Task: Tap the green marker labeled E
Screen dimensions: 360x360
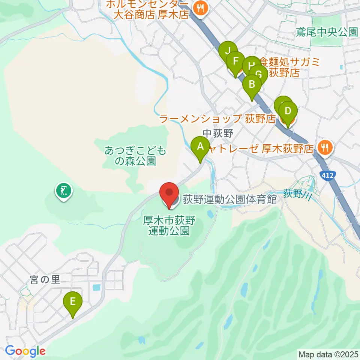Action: coord(73,301)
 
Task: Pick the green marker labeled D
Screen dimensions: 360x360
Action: coord(288,111)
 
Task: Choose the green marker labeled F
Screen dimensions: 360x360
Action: coord(235,61)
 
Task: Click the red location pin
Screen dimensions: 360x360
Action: coord(169,193)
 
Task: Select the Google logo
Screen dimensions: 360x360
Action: coord(25,351)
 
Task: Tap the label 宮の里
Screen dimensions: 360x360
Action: coord(45,280)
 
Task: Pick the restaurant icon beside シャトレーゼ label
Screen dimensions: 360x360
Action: coord(325,148)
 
